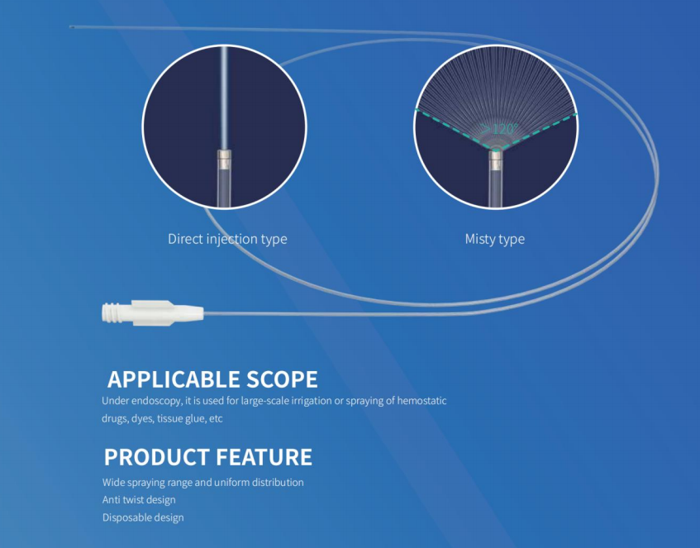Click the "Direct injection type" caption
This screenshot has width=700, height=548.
(x=227, y=239)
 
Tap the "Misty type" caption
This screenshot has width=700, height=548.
(x=495, y=239)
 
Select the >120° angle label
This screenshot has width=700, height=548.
(x=499, y=129)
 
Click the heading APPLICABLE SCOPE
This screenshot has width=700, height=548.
(x=212, y=379)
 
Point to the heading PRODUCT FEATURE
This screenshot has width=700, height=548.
(x=208, y=457)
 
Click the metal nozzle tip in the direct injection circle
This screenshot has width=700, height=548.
(x=225, y=156)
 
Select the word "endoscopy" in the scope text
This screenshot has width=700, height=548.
(x=156, y=401)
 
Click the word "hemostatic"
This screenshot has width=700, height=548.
(x=421, y=401)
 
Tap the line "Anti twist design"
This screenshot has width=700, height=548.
(x=139, y=500)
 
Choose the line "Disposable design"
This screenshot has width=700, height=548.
(x=143, y=517)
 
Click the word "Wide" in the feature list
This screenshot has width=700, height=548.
(x=113, y=483)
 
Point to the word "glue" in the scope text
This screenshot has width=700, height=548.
(x=195, y=419)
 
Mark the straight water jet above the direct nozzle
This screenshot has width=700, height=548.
(x=225, y=98)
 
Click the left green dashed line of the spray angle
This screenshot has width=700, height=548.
(x=454, y=128)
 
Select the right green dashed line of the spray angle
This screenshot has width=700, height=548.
(x=537, y=131)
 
